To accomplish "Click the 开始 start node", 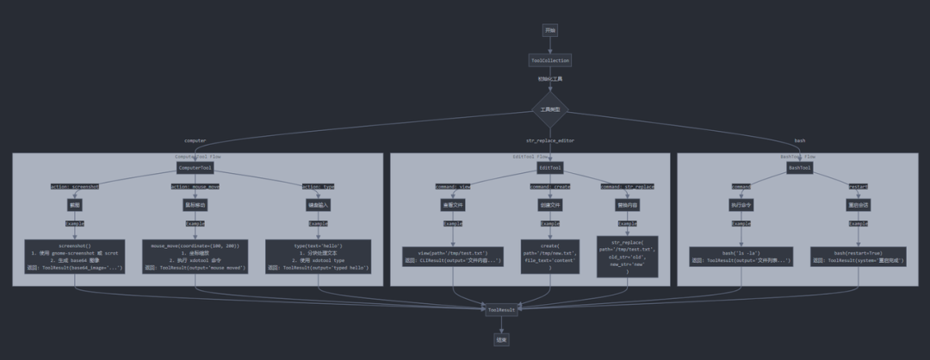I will pyautogui.click(x=550, y=30).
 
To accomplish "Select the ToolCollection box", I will pyautogui.click(x=549, y=60).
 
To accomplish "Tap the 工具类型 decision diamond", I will pyautogui.click(x=550, y=109).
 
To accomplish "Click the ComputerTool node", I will pyautogui.click(x=195, y=168).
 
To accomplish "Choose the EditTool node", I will pyautogui.click(x=550, y=168).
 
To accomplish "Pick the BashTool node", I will pyautogui.click(x=800, y=168).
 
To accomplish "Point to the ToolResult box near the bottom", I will pyautogui.click(x=501, y=309).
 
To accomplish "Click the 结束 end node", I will pyautogui.click(x=501, y=339).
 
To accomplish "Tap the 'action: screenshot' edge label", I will pyautogui.click(x=75, y=186).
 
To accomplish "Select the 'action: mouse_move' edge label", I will pyautogui.click(x=195, y=186).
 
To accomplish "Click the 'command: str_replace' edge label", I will pyautogui.click(x=627, y=186).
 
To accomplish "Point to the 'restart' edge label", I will pyautogui.click(x=859, y=186).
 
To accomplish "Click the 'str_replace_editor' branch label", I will pyautogui.click(x=550, y=140).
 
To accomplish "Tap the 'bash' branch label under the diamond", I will pyautogui.click(x=800, y=140).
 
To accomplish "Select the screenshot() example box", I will pyautogui.click(x=75, y=257).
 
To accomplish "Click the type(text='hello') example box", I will pyautogui.click(x=319, y=257).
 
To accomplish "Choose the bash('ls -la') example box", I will pyautogui.click(x=741, y=257).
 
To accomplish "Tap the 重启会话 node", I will pyautogui.click(x=859, y=206).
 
